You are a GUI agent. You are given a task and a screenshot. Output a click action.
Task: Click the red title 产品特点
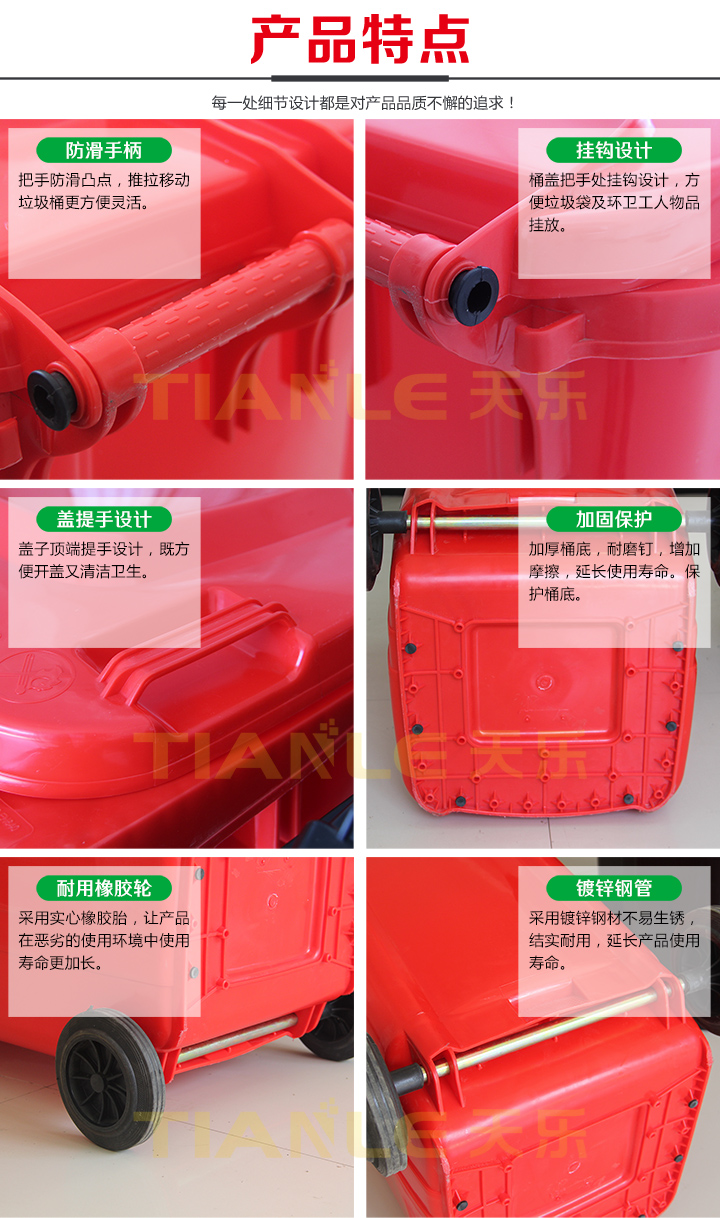pyautogui.click(x=360, y=39)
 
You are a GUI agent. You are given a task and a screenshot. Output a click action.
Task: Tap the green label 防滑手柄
pyautogui.click(x=104, y=150)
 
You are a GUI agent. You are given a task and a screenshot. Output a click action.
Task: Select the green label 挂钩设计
pyautogui.click(x=614, y=150)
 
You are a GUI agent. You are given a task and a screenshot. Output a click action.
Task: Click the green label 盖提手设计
pyautogui.click(x=104, y=519)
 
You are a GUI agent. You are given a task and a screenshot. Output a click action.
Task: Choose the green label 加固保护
pyautogui.click(x=614, y=519)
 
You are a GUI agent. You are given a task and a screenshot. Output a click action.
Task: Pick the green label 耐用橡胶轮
pyautogui.click(x=104, y=888)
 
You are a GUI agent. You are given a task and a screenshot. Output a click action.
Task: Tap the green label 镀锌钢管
pyautogui.click(x=614, y=888)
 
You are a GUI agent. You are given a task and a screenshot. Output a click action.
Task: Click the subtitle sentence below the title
pyautogui.click(x=363, y=103)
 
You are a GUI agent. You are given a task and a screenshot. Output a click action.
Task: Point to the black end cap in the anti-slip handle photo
pyautogui.click(x=51, y=400)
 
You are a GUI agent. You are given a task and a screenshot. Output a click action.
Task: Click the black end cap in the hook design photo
pyautogui.click(x=473, y=296)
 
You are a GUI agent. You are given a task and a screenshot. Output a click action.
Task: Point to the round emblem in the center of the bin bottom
pyautogui.click(x=544, y=681)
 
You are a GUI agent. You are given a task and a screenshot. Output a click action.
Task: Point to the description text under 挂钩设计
pyautogui.click(x=614, y=202)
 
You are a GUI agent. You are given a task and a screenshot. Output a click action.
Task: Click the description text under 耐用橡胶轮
pyautogui.click(x=104, y=941)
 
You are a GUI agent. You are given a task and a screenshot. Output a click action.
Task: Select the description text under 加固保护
pyautogui.click(x=614, y=571)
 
